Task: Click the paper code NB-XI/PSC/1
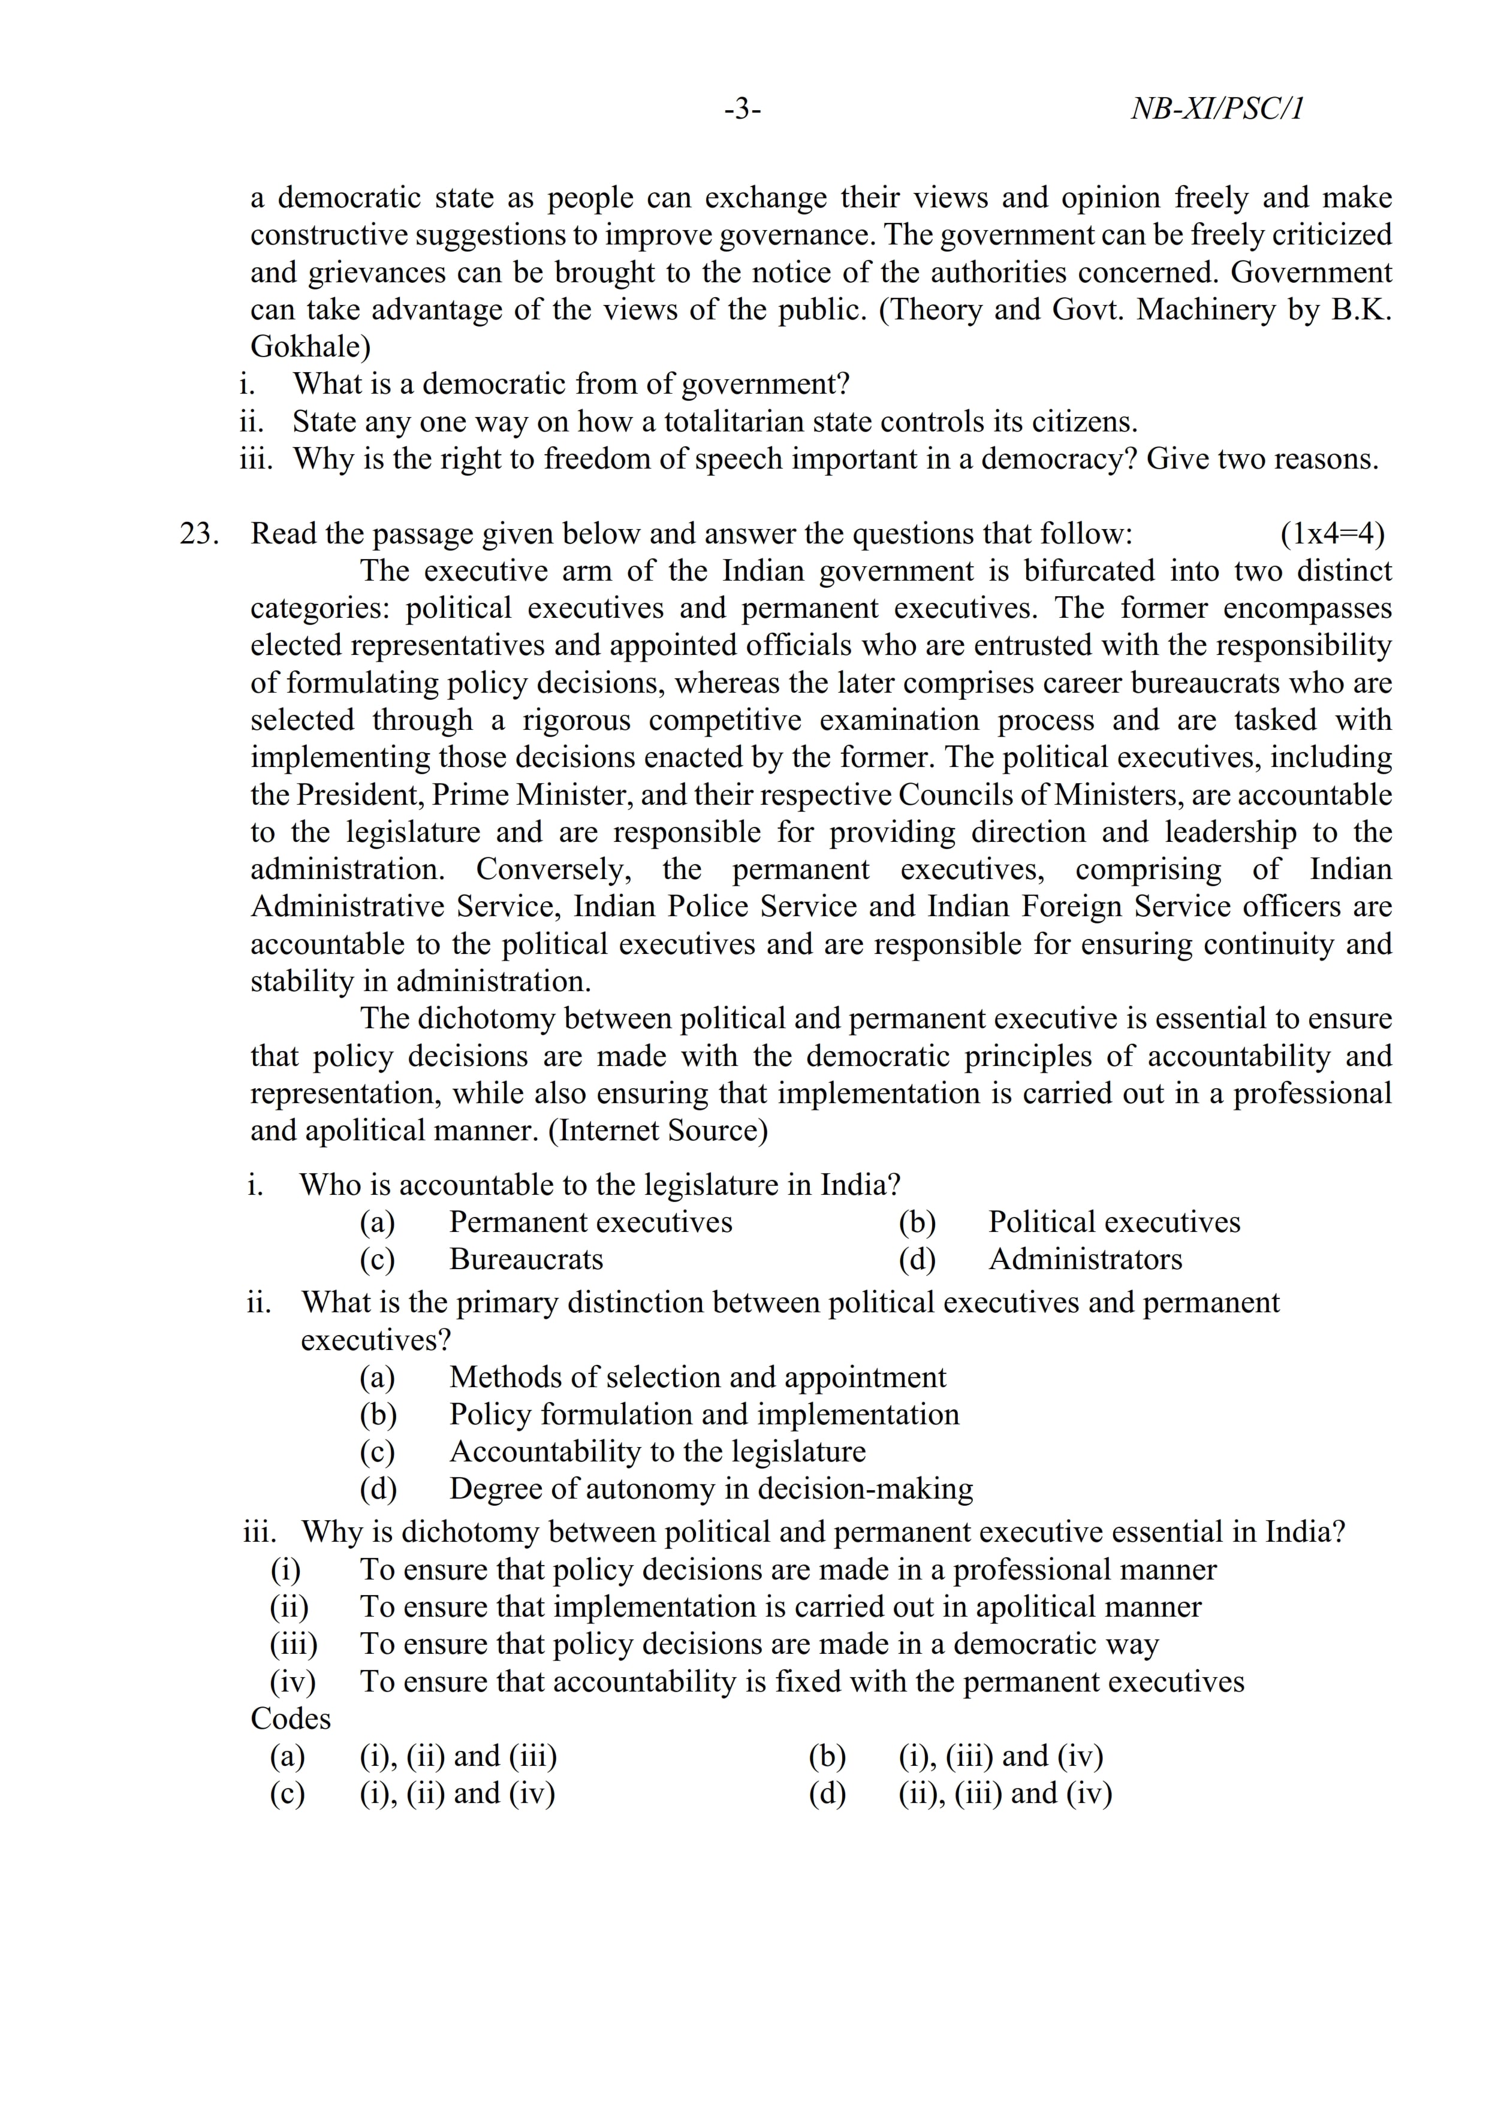pyautogui.click(x=1217, y=109)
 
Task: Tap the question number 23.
pyautogui.click(x=198, y=534)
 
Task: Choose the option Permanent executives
pyautogui.click(x=590, y=1222)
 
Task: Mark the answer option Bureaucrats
pyautogui.click(x=526, y=1260)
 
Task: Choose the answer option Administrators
pyautogui.click(x=1085, y=1260)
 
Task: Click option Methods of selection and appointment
pyautogui.click(x=698, y=1377)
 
